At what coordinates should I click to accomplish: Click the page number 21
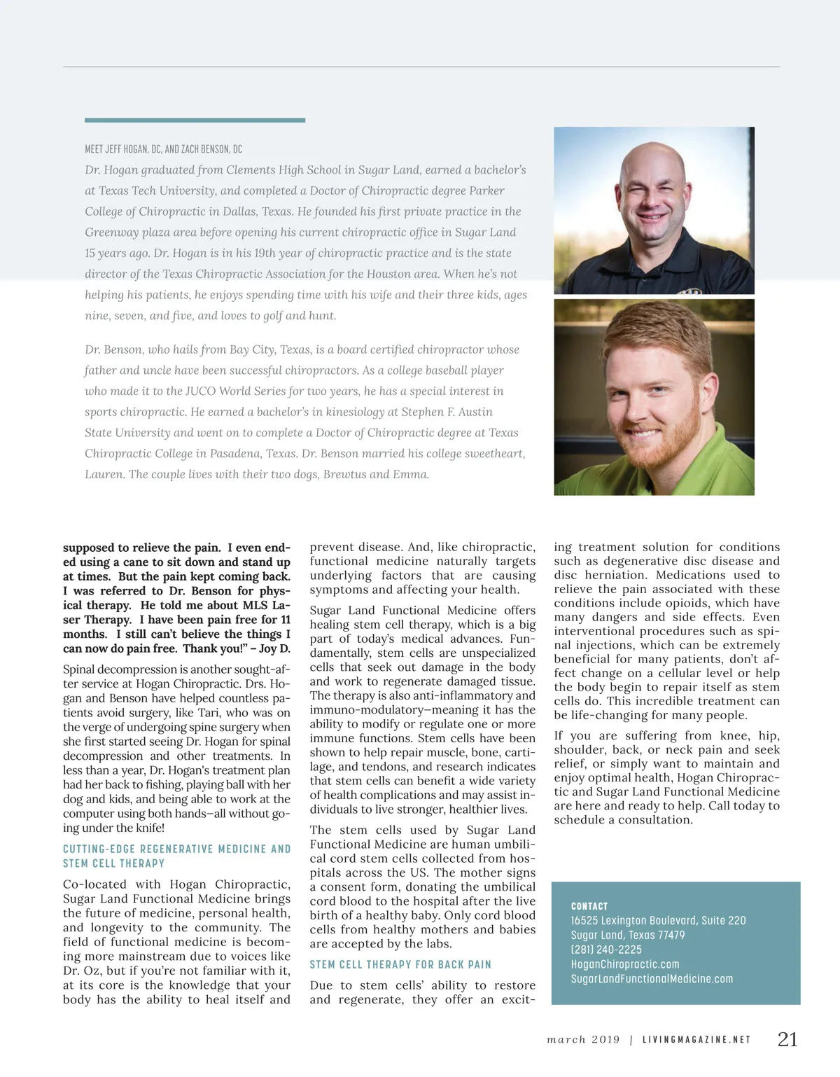pyautogui.click(x=787, y=1039)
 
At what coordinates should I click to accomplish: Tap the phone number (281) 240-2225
pyautogui.click(x=606, y=950)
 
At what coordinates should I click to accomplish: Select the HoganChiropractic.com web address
pyautogui.click(x=625, y=964)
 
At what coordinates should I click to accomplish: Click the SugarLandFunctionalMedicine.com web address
pyautogui.click(x=652, y=979)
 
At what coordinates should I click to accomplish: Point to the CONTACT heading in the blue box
pyautogui.click(x=589, y=906)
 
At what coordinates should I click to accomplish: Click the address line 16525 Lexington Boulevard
pyautogui.click(x=658, y=921)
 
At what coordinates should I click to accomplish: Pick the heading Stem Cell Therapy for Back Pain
pyautogui.click(x=400, y=965)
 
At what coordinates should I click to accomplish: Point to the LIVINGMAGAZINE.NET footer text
pyautogui.click(x=696, y=1040)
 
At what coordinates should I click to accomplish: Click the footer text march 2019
pyautogui.click(x=583, y=1040)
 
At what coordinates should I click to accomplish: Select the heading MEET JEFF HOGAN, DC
pyautogui.click(x=163, y=149)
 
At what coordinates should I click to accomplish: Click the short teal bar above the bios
pyautogui.click(x=195, y=120)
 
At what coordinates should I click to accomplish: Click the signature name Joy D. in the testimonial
pyautogui.click(x=274, y=648)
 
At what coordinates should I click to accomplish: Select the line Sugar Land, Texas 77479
pyautogui.click(x=627, y=936)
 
